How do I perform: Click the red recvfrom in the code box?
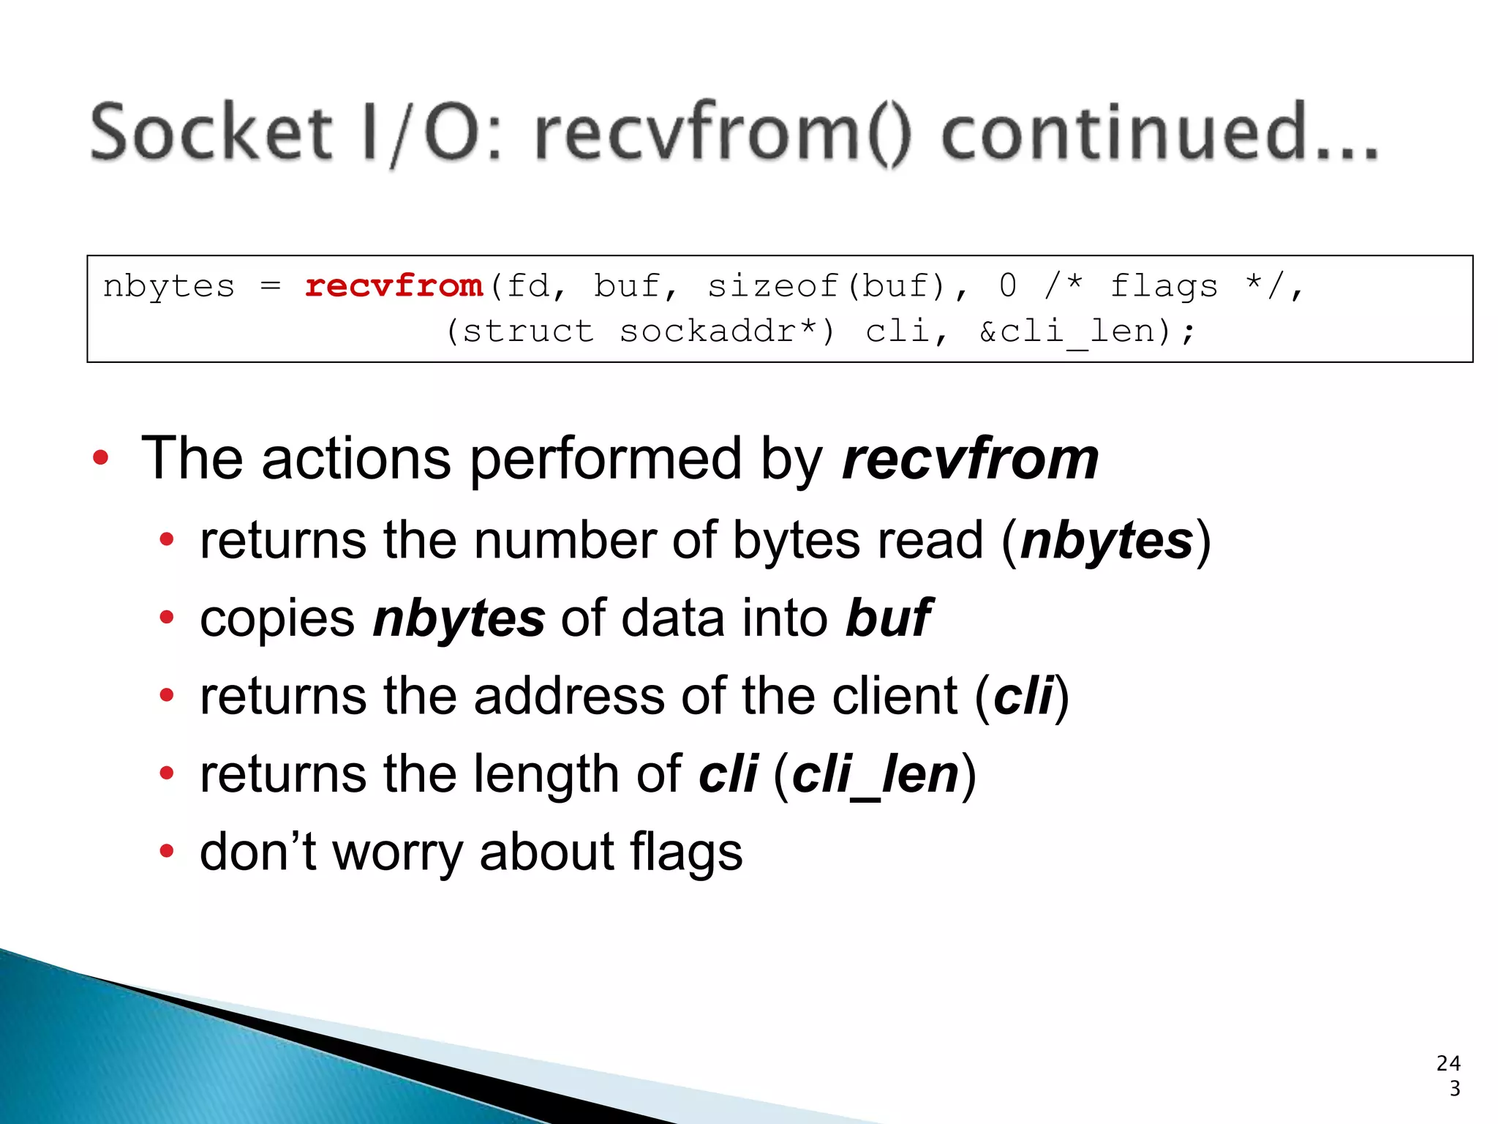tap(394, 285)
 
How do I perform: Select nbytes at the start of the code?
tap(169, 285)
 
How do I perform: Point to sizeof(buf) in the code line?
tap(827, 285)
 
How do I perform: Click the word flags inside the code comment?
tap(1163, 285)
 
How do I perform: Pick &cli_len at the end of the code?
tap(1075, 331)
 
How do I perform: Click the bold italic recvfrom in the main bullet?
tap(970, 459)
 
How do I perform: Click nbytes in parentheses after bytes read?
tap(1107, 541)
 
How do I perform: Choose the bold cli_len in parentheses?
tap(875, 774)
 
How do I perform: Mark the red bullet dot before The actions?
tap(100, 458)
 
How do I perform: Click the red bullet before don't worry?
tap(167, 851)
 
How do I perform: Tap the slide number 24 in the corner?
tap(1448, 1063)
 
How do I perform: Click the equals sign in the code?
tap(270, 285)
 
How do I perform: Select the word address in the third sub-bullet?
tap(569, 696)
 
